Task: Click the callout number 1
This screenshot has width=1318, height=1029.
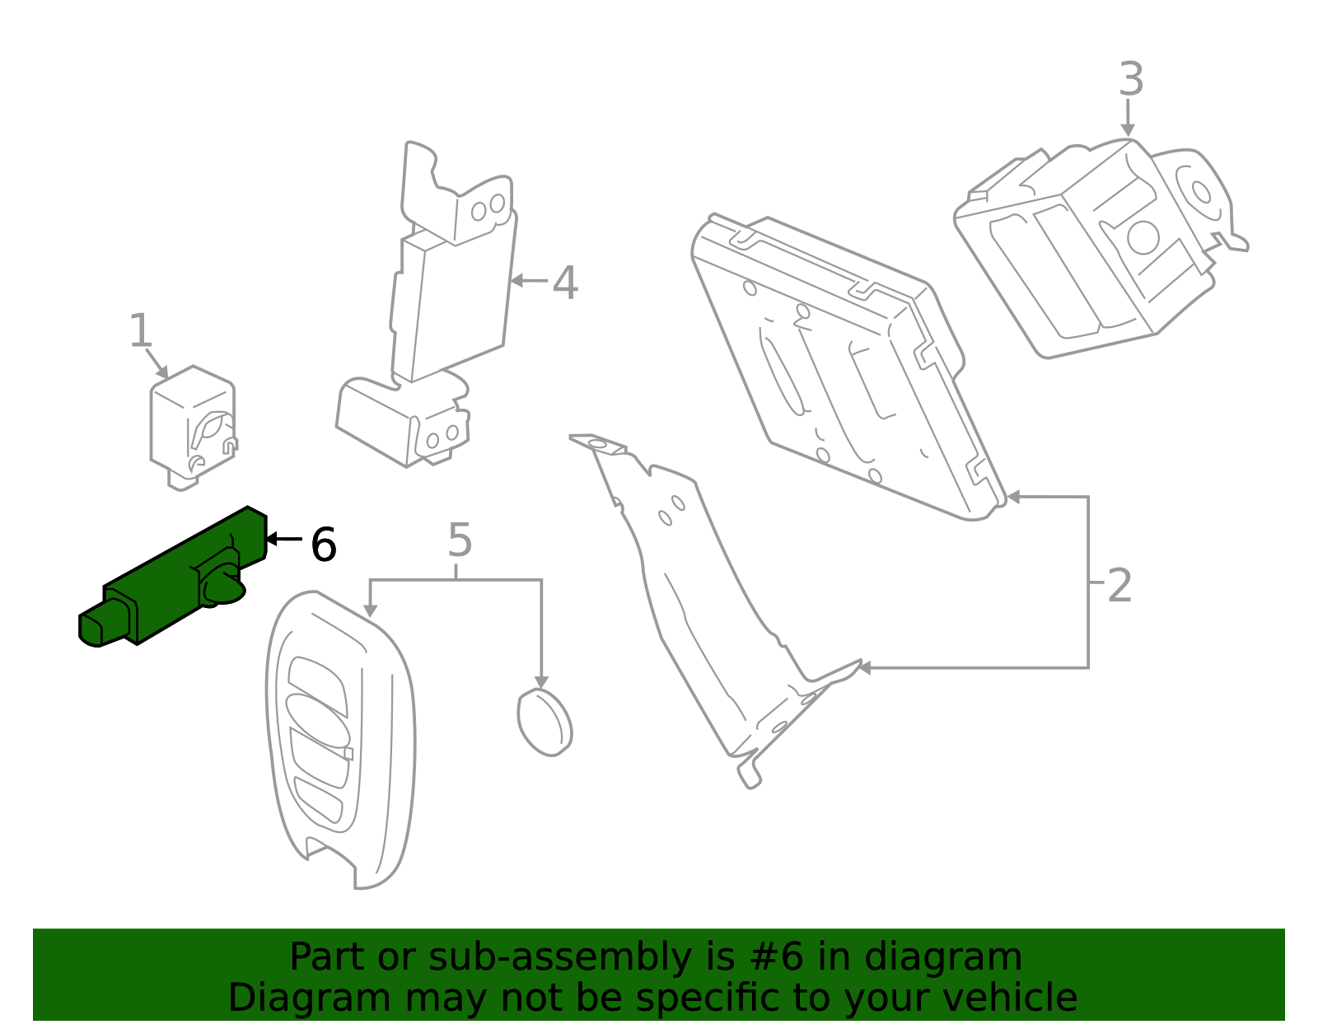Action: pos(141,331)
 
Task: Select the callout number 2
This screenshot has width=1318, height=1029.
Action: pos(1119,587)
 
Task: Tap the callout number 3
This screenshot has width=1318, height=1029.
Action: pos(1131,81)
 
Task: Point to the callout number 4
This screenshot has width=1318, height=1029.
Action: pos(565,283)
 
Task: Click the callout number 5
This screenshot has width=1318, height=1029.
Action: pos(460,541)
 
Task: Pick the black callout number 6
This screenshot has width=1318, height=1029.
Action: pos(324,545)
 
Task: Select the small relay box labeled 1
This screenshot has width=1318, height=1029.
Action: pos(192,426)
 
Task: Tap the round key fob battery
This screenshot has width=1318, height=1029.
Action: pos(544,723)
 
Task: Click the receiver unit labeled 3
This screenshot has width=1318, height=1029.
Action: pos(1096,247)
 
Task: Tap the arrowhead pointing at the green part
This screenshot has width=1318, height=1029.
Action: pos(271,539)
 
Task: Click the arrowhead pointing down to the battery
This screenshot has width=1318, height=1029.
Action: pos(541,681)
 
